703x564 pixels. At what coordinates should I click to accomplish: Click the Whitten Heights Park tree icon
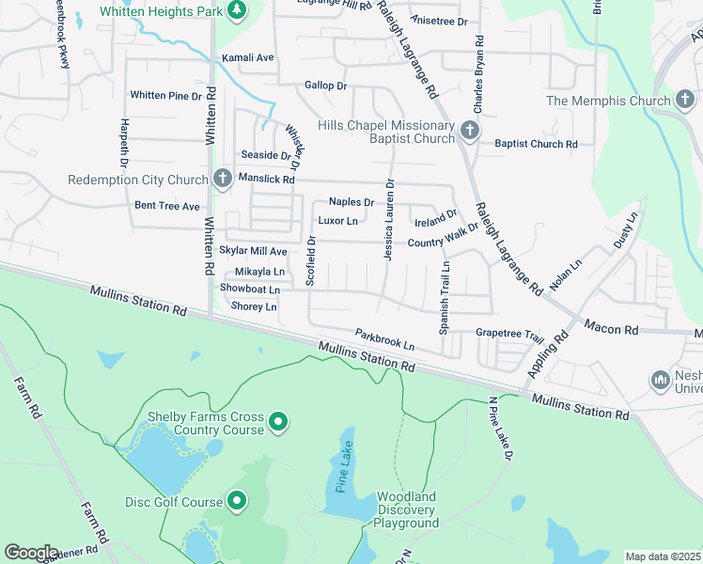point(238,10)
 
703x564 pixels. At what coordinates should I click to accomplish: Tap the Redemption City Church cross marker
point(222,178)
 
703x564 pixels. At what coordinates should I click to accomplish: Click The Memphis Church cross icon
point(685,100)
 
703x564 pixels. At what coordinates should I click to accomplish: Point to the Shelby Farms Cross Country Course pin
point(278,422)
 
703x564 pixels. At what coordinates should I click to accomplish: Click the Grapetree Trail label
point(509,334)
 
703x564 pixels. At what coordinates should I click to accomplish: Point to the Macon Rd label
point(610,329)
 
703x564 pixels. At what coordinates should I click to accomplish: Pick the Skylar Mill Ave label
point(253,252)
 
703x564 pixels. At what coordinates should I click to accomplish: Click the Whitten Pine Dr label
point(165,96)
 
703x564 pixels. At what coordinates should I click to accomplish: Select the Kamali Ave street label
point(247,58)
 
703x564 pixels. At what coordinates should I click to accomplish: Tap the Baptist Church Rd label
point(536,144)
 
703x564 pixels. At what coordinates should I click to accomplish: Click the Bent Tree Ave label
point(167,206)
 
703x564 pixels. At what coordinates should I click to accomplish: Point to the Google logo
point(31,553)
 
